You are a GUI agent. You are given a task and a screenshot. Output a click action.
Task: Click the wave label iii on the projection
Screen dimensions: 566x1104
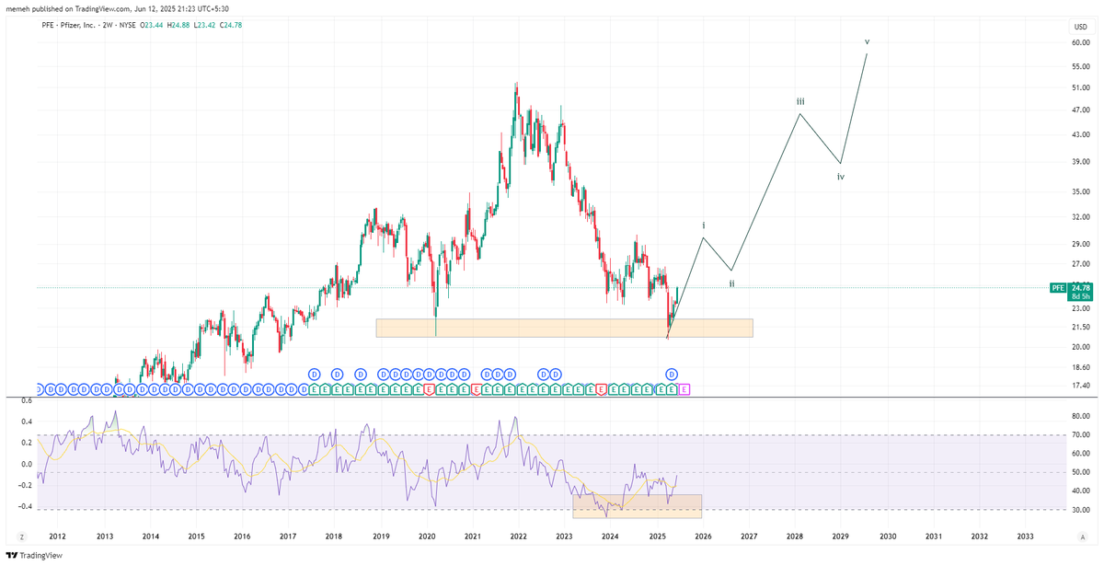pyautogui.click(x=801, y=101)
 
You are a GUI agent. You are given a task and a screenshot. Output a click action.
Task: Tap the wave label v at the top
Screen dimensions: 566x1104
pyautogui.click(x=867, y=41)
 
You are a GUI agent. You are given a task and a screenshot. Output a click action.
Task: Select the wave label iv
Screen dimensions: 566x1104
pyautogui.click(x=841, y=177)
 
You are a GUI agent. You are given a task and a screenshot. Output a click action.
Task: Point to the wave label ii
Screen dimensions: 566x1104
pyautogui.click(x=731, y=283)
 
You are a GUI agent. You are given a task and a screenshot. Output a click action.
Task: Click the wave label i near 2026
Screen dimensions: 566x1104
pyautogui.click(x=704, y=225)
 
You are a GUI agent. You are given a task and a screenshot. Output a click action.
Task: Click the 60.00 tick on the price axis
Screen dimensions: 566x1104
pyautogui.click(x=1080, y=42)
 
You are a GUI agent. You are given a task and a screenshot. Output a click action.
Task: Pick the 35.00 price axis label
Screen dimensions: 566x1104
pyautogui.click(x=1080, y=192)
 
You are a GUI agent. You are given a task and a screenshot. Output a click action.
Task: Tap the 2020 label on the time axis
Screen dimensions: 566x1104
pyautogui.click(x=427, y=536)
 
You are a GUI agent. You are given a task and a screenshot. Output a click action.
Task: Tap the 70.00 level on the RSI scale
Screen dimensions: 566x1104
pyautogui.click(x=1080, y=435)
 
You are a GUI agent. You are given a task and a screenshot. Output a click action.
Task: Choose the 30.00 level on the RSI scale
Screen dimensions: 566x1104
pyautogui.click(x=1080, y=510)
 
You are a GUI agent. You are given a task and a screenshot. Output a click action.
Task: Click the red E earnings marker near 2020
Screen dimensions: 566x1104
pyautogui.click(x=429, y=389)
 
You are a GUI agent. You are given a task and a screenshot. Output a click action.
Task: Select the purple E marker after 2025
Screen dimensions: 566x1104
pyautogui.click(x=684, y=389)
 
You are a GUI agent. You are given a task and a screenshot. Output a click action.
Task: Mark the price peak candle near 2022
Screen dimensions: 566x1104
pyautogui.click(x=516, y=85)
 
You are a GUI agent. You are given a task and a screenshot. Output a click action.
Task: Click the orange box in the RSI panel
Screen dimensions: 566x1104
pyautogui.click(x=637, y=506)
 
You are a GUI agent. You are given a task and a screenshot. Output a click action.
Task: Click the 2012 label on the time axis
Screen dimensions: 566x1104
pyautogui.click(x=57, y=536)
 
